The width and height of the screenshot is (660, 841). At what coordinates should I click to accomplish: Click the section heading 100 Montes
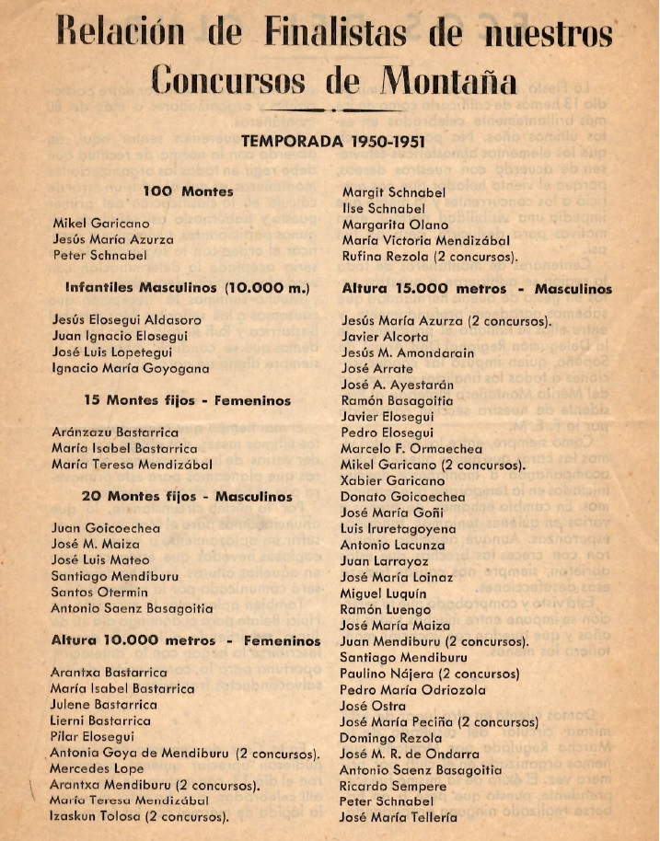tap(188, 191)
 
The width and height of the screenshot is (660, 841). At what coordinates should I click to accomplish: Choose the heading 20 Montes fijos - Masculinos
tap(187, 496)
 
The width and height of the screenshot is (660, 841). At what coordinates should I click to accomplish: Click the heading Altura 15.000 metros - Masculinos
tap(476, 288)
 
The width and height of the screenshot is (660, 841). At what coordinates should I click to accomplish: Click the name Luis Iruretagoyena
tap(398, 529)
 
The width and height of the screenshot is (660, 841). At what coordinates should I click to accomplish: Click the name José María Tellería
tap(398, 817)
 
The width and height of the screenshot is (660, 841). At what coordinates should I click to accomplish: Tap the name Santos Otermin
tap(98, 592)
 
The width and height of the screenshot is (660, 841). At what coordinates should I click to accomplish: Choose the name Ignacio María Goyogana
tap(131, 368)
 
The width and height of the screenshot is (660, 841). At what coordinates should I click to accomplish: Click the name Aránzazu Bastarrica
tap(115, 432)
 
